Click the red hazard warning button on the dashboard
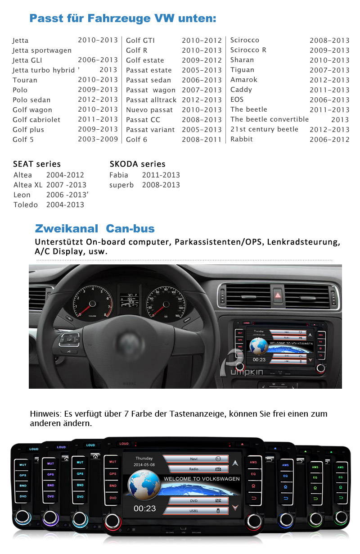click(x=278, y=296)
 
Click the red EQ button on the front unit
click(x=253, y=474)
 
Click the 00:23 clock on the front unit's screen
click(x=144, y=509)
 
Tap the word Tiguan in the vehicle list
click(x=242, y=70)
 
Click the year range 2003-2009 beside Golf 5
click(x=98, y=139)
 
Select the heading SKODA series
click(x=137, y=164)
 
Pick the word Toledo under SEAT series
click(x=26, y=204)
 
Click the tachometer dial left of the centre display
click(x=92, y=301)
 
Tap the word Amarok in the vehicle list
click(x=243, y=80)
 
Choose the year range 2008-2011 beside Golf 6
click(x=202, y=140)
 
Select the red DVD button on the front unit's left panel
click(x=112, y=498)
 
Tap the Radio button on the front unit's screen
click(x=195, y=469)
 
